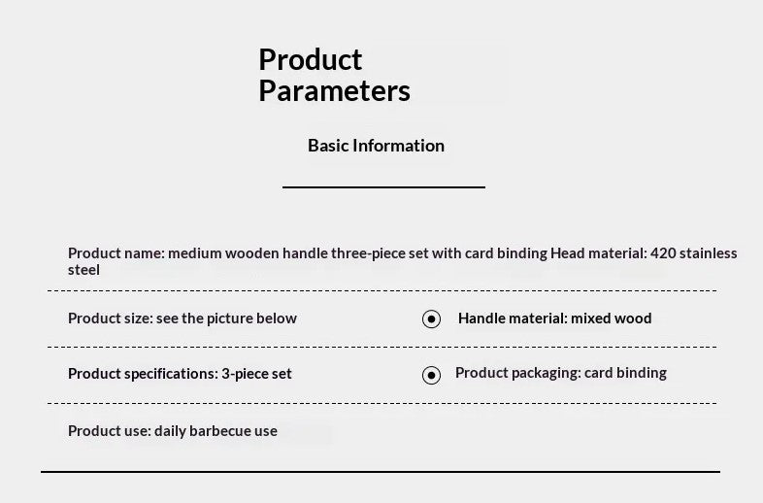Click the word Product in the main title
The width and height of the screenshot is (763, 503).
(310, 59)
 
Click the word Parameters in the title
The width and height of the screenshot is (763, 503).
(334, 90)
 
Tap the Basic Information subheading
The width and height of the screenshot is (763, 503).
(376, 146)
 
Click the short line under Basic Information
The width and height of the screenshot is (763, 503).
(384, 187)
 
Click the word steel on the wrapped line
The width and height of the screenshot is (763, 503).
(83, 270)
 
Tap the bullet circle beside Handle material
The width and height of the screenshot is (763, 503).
(431, 319)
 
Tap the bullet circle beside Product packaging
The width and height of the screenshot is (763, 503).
(431, 376)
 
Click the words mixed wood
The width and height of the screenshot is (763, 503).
(612, 319)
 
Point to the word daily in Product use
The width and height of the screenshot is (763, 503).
(170, 431)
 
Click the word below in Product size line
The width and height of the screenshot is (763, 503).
(277, 319)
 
